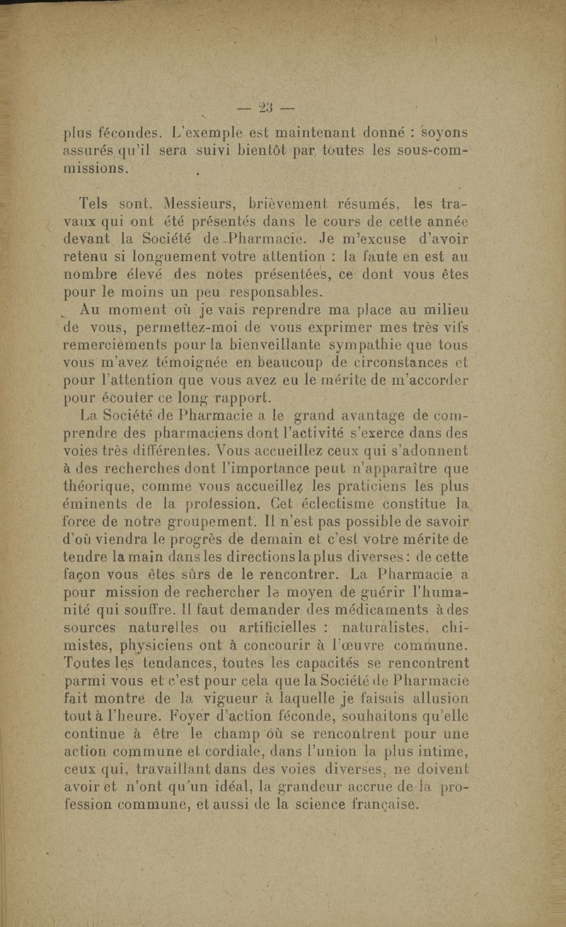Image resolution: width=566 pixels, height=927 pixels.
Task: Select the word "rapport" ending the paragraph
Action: coord(227,396)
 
